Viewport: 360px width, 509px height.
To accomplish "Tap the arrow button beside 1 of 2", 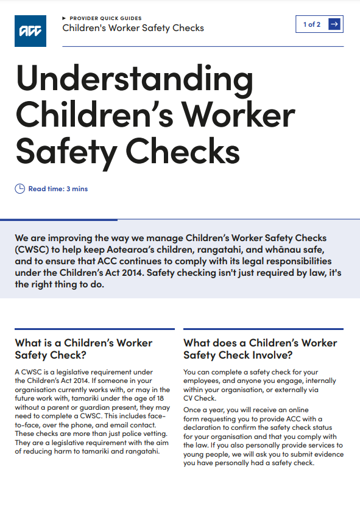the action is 334,24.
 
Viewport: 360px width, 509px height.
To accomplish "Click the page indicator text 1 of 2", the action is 312,24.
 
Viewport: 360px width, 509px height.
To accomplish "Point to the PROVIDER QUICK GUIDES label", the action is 105,18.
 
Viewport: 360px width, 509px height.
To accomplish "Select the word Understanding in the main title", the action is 134,79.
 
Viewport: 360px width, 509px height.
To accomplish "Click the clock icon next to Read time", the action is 20,189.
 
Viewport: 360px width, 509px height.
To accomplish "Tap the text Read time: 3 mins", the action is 58,189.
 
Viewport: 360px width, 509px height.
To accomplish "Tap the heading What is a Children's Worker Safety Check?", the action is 83,349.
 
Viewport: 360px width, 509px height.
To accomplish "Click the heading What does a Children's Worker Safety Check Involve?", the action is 260,349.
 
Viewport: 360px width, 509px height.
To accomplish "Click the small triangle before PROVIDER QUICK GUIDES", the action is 65,18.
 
